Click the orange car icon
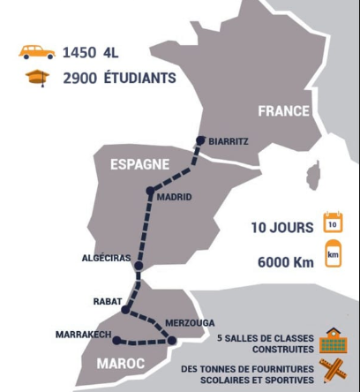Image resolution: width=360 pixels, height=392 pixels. (x=37, y=52)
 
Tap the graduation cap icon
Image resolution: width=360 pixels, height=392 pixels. (x=38, y=78)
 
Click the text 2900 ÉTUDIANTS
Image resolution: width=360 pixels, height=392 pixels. (x=120, y=79)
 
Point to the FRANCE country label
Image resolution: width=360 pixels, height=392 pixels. (x=283, y=111)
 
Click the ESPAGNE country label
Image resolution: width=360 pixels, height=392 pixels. (x=139, y=164)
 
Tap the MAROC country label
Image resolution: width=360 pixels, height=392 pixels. (x=115, y=364)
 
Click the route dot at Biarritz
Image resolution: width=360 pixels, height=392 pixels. (x=201, y=139)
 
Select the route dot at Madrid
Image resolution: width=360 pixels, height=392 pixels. (x=151, y=190)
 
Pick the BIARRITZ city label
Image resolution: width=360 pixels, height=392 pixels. (x=229, y=141)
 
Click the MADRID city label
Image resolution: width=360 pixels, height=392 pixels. (x=173, y=197)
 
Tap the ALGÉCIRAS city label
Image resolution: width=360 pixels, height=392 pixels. (x=106, y=258)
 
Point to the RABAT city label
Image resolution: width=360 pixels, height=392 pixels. (x=108, y=301)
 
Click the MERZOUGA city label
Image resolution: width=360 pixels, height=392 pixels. (x=190, y=323)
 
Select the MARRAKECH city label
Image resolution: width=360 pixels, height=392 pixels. (x=83, y=335)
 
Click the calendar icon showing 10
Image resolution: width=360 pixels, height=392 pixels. (x=333, y=222)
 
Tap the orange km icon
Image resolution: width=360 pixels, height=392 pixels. (x=333, y=258)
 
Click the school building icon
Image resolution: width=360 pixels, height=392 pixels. (x=334, y=340)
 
